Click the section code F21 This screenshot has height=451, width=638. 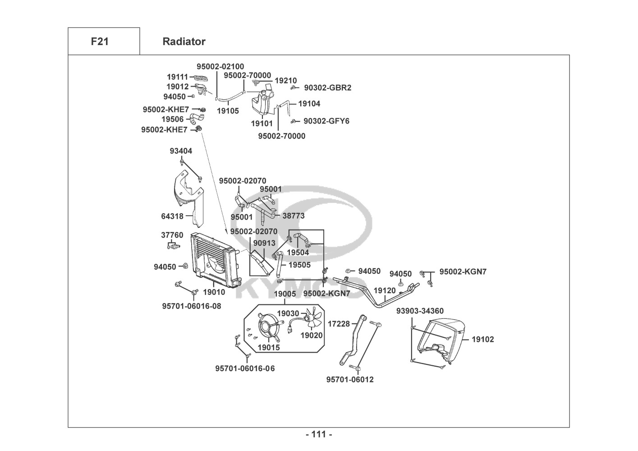coord(100,41)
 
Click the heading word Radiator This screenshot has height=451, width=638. coord(184,41)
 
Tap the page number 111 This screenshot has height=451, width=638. coord(319,434)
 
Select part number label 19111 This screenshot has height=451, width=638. coord(177,77)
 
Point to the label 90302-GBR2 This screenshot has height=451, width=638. coord(327,87)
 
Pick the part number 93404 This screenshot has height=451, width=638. coord(181,151)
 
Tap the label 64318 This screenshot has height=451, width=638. coord(172,216)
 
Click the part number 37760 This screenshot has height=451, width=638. coord(172,235)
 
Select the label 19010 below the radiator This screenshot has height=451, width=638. coord(214,292)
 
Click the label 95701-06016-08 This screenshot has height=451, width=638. coord(192,306)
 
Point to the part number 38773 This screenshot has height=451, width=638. coord(294,216)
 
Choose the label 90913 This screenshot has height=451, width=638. coord(264,243)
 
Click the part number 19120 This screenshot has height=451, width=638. coord(385,290)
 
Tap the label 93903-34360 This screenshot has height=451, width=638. coord(420,311)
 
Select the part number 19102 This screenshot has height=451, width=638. coord(482,339)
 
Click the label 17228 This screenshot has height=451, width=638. coord(339,323)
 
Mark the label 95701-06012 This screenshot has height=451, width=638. coord(350,379)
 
